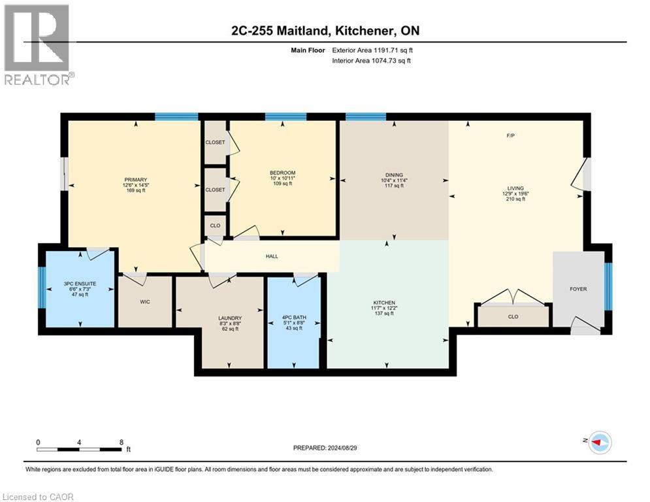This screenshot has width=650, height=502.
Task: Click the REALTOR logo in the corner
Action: click(x=37, y=44)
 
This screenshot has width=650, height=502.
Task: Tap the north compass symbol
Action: click(x=599, y=443)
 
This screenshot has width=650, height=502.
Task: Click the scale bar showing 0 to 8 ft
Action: click(x=80, y=449)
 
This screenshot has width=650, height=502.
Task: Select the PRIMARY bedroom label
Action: click(x=136, y=180)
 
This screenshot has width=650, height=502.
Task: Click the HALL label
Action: click(x=272, y=256)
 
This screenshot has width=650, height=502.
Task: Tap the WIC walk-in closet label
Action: click(x=145, y=303)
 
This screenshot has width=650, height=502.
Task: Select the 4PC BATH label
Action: click(x=293, y=318)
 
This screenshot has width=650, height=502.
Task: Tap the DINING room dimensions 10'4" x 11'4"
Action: click(x=393, y=180)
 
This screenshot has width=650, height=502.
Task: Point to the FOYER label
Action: click(x=579, y=289)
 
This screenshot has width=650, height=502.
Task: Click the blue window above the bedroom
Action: click(x=285, y=117)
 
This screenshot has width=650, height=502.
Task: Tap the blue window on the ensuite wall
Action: click(x=41, y=288)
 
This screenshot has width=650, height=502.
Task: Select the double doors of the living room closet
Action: click(x=513, y=299)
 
